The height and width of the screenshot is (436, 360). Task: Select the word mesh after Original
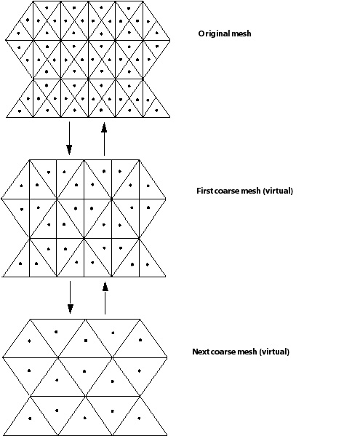point(241,33)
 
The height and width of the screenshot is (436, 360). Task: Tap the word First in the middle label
point(204,191)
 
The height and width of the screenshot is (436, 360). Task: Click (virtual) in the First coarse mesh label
point(278,191)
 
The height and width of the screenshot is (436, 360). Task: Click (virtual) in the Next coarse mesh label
point(274,352)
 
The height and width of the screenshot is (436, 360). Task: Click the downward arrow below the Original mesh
point(69,138)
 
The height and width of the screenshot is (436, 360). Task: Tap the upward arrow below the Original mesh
point(104,139)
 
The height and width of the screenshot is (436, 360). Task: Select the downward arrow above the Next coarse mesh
point(70,297)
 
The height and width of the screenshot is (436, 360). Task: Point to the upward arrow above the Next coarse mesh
point(105,298)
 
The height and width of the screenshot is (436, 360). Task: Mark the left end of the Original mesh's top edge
point(33,1)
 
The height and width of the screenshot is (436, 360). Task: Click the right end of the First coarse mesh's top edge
point(139,160)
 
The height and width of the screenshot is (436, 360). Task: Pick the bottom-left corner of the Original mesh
point(7,117)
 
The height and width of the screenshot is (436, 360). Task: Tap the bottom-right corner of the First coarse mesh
point(166,277)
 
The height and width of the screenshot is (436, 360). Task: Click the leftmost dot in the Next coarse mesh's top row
point(29,341)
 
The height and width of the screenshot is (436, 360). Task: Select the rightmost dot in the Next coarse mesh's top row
point(140,340)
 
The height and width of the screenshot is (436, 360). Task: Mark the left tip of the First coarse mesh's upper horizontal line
point(1,199)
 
